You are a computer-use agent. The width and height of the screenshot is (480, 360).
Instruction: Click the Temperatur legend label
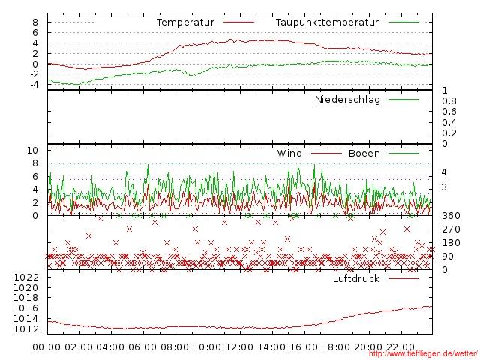click(x=185, y=22)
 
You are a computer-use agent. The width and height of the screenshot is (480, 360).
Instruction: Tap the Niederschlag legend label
click(x=347, y=100)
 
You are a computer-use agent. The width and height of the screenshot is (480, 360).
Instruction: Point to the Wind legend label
click(x=289, y=154)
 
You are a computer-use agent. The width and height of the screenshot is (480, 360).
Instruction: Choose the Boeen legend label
click(x=364, y=154)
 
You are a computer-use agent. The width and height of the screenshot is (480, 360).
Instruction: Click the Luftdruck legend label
click(x=356, y=279)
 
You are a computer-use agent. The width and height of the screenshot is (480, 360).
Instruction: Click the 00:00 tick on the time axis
click(x=47, y=347)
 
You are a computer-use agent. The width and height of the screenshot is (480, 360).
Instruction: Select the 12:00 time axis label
click(x=240, y=347)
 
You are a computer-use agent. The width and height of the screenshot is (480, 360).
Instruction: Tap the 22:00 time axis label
click(x=400, y=347)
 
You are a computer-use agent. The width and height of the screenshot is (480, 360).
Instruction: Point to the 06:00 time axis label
click(x=143, y=347)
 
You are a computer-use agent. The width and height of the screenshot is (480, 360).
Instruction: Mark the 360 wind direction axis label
click(x=450, y=216)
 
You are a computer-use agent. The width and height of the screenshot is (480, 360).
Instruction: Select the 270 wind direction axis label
click(x=450, y=229)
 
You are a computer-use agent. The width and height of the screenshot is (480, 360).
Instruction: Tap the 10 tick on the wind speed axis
click(x=32, y=151)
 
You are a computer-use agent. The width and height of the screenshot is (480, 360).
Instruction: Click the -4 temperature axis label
click(x=32, y=84)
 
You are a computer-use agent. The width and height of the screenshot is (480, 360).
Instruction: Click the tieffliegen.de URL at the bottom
click(x=423, y=354)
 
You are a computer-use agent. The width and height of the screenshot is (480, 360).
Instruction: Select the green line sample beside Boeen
click(x=403, y=154)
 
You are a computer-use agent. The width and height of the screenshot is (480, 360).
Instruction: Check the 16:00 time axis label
click(x=304, y=347)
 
